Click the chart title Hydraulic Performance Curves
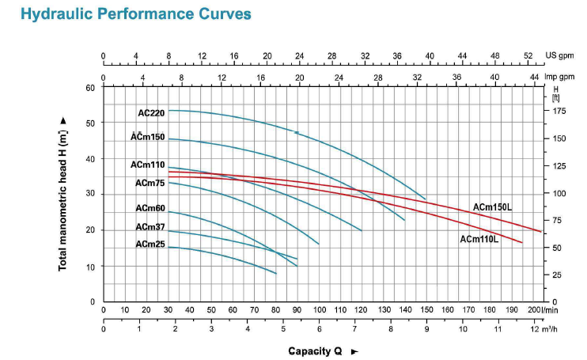click(x=127, y=14)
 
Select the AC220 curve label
click(x=150, y=113)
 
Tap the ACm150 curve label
click(x=148, y=137)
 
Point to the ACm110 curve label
click(x=148, y=165)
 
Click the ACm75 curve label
click(x=150, y=183)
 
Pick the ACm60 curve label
click(x=150, y=209)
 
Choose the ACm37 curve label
click(x=150, y=227)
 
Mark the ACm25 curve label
click(x=150, y=244)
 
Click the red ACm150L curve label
click(x=493, y=207)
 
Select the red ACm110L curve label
click(x=479, y=238)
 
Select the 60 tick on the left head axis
click(x=90, y=87)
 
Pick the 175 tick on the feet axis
click(x=560, y=111)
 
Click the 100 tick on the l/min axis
click(x=319, y=310)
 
